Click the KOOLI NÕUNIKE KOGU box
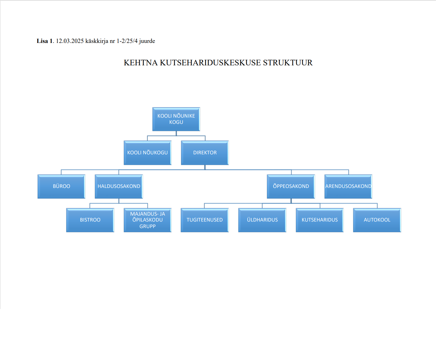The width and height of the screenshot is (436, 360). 176,119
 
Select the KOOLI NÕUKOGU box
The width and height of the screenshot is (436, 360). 148,153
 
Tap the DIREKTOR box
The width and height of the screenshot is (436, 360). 205,153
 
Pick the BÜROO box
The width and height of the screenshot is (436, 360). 61,186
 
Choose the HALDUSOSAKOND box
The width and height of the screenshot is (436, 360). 119,186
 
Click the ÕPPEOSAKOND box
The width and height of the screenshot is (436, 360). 291,186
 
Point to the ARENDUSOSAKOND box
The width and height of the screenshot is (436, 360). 348,186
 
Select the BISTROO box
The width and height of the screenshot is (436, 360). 90,220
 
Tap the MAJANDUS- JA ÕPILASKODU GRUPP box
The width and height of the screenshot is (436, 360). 148,220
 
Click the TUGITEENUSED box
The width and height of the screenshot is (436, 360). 205,220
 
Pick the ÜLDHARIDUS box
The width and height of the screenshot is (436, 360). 262,220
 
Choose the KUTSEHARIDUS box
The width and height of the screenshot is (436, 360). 320,220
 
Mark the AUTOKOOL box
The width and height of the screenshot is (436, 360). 377,220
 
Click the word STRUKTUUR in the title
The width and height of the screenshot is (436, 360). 288,63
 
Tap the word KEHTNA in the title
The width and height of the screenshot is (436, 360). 141,63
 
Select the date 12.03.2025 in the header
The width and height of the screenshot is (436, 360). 70,41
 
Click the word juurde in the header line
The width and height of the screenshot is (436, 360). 147,41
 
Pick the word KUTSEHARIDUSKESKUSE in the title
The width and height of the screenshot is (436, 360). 210,63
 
